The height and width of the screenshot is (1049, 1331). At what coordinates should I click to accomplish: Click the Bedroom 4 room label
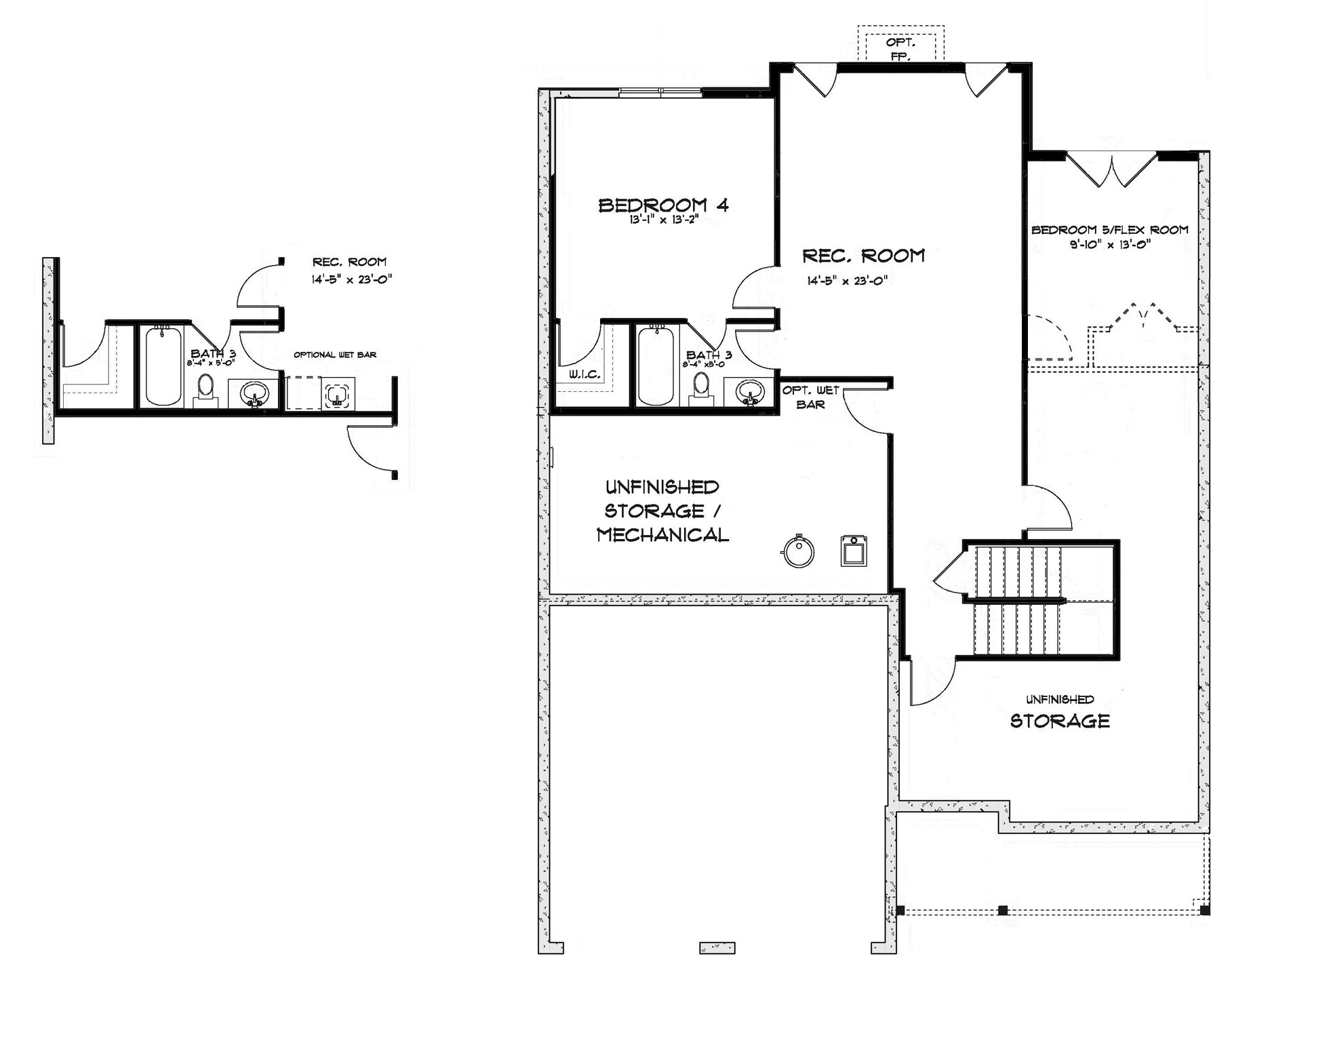click(x=663, y=205)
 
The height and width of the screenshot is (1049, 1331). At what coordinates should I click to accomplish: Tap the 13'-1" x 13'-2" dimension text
click(x=663, y=220)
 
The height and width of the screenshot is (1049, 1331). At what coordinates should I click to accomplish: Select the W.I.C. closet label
click(x=584, y=374)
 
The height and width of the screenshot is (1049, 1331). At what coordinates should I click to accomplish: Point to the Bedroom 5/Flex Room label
click(x=1110, y=230)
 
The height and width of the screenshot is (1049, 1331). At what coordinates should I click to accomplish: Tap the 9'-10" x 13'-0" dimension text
click(x=1110, y=245)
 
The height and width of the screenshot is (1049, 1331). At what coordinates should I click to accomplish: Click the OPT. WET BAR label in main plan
click(x=811, y=397)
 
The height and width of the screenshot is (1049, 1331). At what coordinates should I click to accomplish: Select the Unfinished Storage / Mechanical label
click(x=662, y=511)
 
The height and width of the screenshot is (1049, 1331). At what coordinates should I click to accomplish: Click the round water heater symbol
click(x=798, y=551)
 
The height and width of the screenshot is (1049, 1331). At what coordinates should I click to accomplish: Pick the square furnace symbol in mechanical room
click(x=854, y=551)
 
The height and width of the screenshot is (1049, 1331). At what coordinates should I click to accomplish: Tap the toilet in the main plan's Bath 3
click(x=702, y=391)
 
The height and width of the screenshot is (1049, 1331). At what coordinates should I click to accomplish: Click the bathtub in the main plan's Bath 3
click(x=656, y=365)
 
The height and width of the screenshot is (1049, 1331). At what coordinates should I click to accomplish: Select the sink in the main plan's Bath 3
click(x=750, y=392)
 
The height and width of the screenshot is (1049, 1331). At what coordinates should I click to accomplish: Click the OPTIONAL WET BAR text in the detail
click(x=335, y=355)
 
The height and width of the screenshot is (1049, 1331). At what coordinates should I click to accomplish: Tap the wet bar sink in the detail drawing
click(x=337, y=395)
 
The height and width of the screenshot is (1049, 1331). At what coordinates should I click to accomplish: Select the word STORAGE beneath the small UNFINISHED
click(x=1060, y=721)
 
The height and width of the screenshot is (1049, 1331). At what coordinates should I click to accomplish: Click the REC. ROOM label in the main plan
click(x=863, y=256)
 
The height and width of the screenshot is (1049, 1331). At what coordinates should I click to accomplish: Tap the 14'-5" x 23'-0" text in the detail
click(x=352, y=279)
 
